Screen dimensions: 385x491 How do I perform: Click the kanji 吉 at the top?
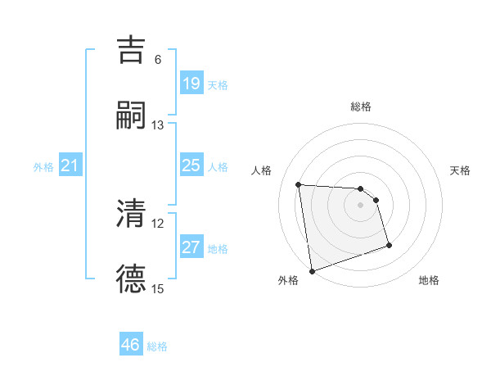(x=132, y=52)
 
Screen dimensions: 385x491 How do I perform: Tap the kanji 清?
(x=132, y=214)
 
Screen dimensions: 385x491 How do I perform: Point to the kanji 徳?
(x=132, y=279)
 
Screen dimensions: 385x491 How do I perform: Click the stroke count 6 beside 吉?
(x=158, y=60)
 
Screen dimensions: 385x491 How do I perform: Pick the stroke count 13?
(x=158, y=125)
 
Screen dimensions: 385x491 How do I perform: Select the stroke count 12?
(x=158, y=223)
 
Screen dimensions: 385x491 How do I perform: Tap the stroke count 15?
(x=158, y=288)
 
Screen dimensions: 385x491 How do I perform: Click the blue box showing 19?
(x=191, y=84)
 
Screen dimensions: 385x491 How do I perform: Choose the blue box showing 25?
(x=191, y=166)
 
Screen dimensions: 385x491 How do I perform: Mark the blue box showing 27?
(x=191, y=247)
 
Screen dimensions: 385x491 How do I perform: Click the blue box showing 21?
(x=70, y=166)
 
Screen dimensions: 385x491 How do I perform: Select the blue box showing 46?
(x=131, y=345)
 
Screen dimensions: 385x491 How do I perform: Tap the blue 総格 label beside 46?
(x=157, y=346)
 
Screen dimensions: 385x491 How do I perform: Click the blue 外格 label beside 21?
(x=43, y=167)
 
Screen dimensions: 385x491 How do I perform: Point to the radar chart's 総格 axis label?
(x=361, y=106)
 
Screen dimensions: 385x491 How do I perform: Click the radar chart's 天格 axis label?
(x=460, y=170)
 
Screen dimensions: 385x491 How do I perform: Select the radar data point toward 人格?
(x=299, y=184)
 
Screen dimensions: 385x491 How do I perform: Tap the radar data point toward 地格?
(x=389, y=246)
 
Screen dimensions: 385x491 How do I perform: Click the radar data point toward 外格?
(x=312, y=269)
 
